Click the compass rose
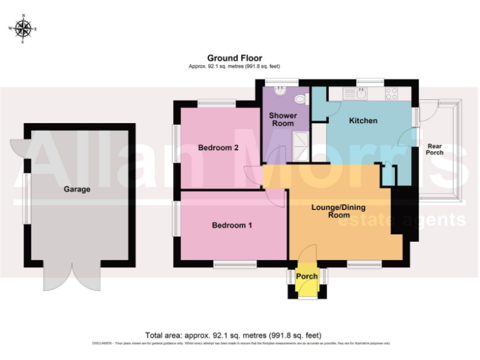point(23,28)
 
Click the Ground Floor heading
point(234,58)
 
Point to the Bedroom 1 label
point(231,225)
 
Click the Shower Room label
point(282,119)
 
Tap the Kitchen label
point(362,120)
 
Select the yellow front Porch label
point(307,276)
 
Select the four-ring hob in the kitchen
point(392,94)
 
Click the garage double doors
point(72,276)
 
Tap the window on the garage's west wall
point(26,197)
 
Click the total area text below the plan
point(233,335)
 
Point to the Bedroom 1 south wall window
point(234,265)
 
